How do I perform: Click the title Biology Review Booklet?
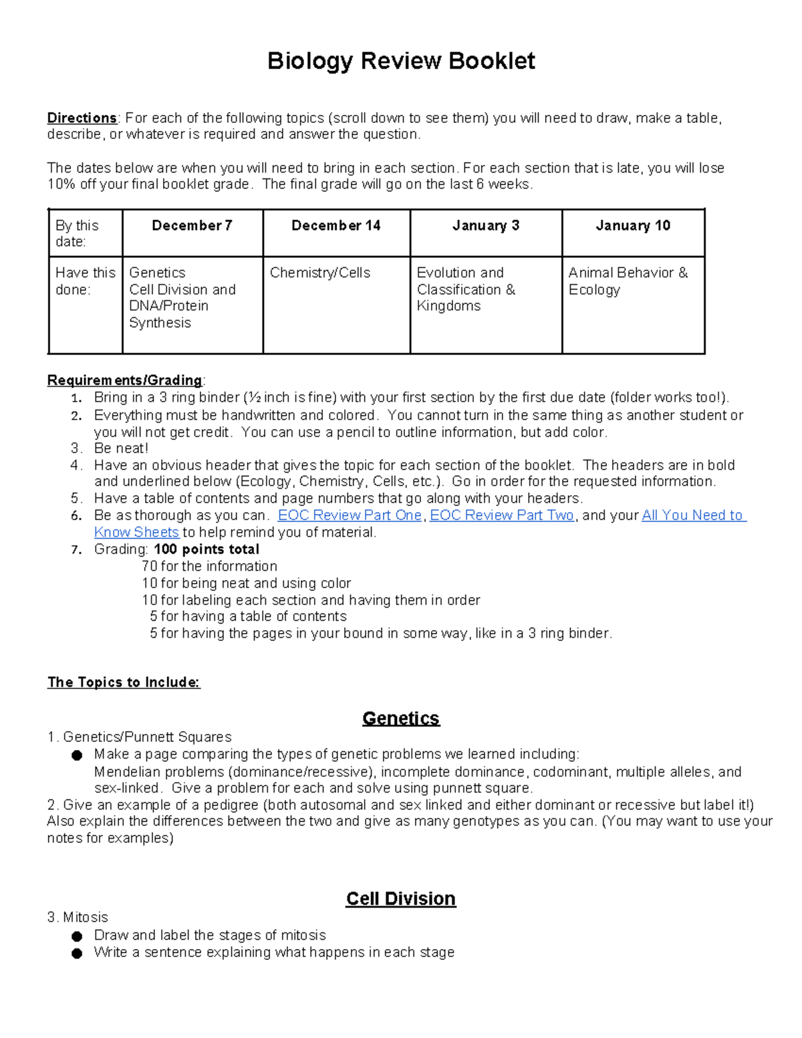(401, 61)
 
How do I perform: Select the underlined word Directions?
(82, 118)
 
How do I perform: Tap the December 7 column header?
(192, 226)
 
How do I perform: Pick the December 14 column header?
(336, 226)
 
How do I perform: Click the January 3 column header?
(486, 226)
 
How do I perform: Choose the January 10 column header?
(633, 226)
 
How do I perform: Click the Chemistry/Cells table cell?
(320, 273)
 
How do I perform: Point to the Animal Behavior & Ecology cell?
(628, 281)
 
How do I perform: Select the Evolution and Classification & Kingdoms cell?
(466, 289)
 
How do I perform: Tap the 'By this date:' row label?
(77, 233)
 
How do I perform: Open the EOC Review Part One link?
(350, 515)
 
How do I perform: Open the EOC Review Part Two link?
(502, 515)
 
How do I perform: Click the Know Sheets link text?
(136, 533)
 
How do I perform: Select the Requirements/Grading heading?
(124, 380)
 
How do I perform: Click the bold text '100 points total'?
(207, 549)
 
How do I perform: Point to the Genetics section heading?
(401, 719)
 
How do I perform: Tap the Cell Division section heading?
(401, 899)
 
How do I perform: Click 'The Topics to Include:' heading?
(124, 682)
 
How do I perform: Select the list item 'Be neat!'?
(121, 448)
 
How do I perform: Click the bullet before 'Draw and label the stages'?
(77, 936)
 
